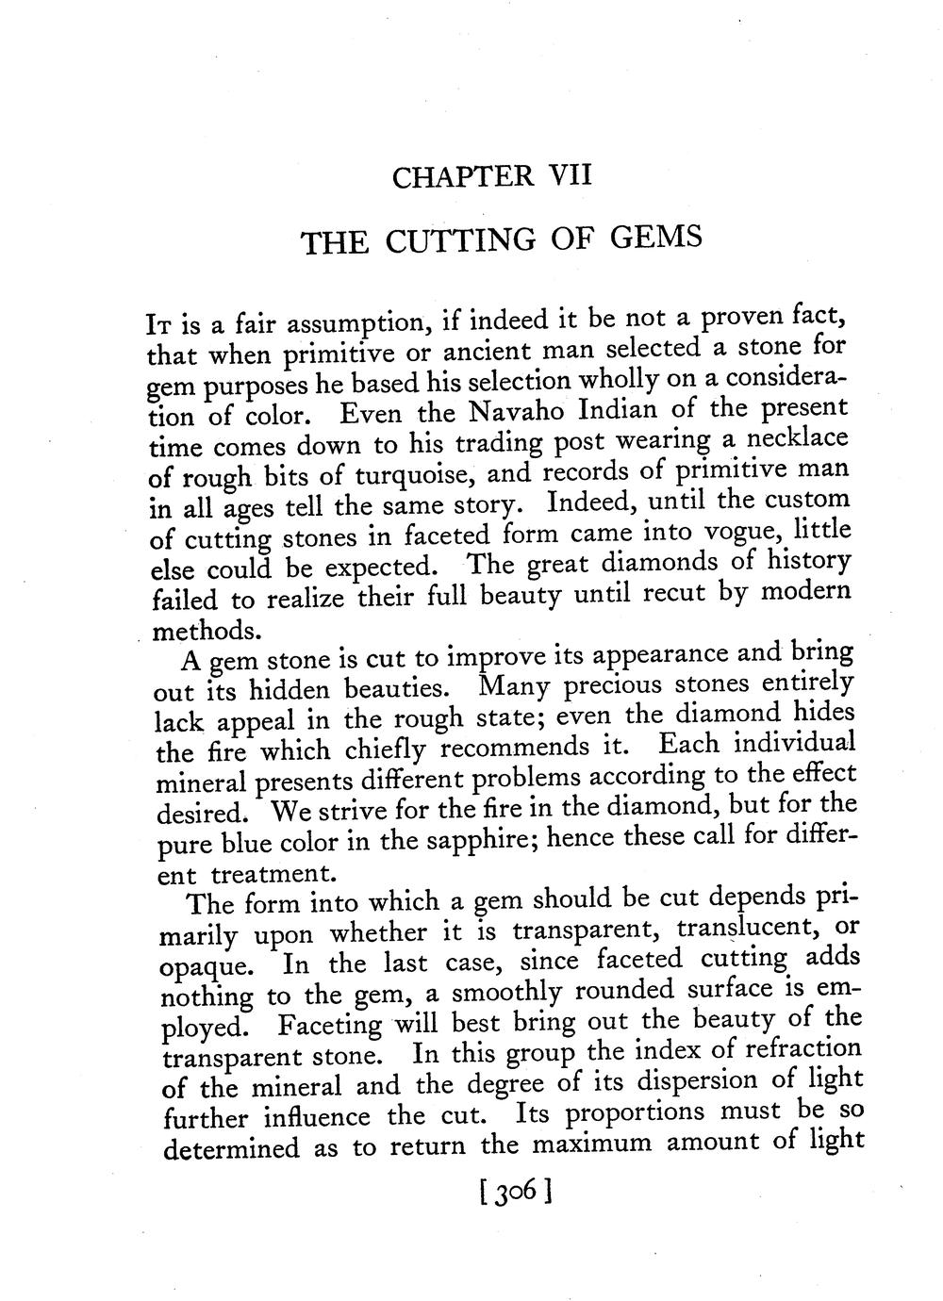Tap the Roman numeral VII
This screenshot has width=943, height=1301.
(x=571, y=174)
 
